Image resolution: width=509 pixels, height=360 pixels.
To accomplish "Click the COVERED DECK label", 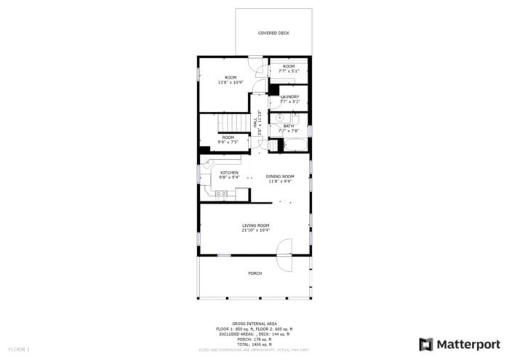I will [x=273, y=33].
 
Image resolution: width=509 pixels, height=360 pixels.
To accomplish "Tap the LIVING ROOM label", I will [x=256, y=225].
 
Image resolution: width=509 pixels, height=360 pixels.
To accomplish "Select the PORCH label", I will [x=254, y=273].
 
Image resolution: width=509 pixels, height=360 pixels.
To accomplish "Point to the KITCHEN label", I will [x=229, y=172].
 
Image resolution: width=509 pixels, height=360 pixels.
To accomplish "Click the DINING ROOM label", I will [x=280, y=176].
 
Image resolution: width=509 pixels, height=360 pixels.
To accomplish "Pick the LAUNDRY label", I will [x=289, y=97].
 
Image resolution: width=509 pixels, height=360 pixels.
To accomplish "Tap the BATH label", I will [x=289, y=126].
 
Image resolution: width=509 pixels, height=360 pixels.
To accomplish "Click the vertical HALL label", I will [x=255, y=124].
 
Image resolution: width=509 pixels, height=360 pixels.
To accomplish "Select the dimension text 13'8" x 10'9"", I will [x=231, y=82].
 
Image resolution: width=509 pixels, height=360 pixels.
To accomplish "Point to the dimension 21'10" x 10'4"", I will [x=256, y=231].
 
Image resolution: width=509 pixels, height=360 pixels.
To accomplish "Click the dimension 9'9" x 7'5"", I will [x=228, y=142].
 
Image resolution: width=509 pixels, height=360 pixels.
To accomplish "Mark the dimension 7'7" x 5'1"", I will [x=289, y=71].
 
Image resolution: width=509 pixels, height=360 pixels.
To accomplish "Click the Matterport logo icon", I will [x=425, y=344].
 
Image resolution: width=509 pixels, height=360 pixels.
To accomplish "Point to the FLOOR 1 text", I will [x=19, y=350].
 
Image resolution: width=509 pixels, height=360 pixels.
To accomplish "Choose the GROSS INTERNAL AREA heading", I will [x=254, y=324].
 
